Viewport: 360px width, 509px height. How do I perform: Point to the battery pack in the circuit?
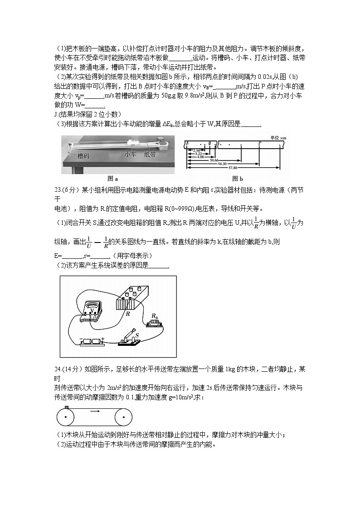92,341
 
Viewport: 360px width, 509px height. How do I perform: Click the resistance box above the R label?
134,298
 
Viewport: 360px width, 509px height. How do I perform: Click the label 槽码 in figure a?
83,156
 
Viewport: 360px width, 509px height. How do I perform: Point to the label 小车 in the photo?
130,154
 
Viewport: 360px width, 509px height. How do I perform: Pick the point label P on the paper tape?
259,142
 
